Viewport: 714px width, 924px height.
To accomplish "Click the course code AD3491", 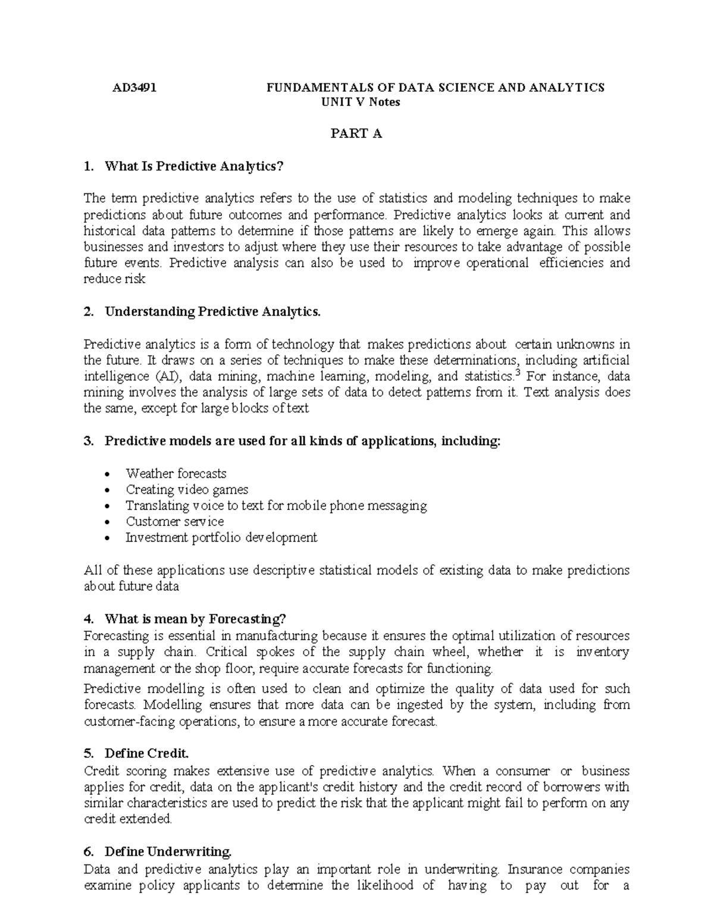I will tap(134, 88).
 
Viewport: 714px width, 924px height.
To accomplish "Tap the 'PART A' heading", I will tap(356, 134).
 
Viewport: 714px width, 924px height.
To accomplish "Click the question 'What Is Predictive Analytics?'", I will tap(194, 167).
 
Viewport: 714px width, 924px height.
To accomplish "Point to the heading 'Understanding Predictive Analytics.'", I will tap(212, 312).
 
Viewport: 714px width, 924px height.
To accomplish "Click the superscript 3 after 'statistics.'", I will tap(516, 373).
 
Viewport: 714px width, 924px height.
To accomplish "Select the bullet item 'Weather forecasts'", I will tap(176, 474).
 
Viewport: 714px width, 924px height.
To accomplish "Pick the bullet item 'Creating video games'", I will tap(187, 490).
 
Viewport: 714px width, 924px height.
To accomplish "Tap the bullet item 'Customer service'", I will tap(174, 522).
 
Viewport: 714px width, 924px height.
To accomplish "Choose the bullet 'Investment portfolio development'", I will tap(221, 538).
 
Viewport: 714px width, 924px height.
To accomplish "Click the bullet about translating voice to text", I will tap(276, 506).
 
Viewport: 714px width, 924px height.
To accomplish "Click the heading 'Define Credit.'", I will tap(146, 753).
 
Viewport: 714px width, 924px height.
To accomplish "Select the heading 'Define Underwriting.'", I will tap(168, 852).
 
